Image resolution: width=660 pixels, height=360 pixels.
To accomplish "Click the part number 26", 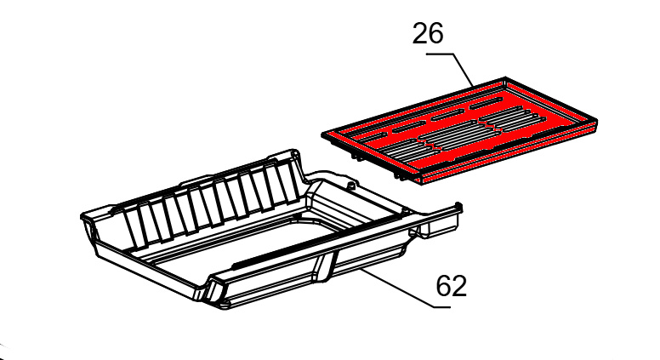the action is [x=428, y=34].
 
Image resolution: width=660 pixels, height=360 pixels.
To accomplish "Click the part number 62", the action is [x=452, y=286].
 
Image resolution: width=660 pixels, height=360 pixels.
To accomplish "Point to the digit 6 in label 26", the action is [x=436, y=34].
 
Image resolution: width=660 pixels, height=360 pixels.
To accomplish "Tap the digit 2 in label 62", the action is [x=459, y=286].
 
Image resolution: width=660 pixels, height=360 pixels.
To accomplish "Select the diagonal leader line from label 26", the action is [x=464, y=69].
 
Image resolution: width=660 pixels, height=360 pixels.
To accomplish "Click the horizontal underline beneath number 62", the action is [x=442, y=307].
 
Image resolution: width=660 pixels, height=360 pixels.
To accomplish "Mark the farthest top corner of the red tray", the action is [x=505, y=78].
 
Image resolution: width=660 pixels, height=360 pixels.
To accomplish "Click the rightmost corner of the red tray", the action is [x=597, y=122].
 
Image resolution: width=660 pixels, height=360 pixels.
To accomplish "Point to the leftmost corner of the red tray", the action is [x=323, y=134].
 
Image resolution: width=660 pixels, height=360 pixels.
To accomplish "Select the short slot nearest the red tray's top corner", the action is [x=486, y=102].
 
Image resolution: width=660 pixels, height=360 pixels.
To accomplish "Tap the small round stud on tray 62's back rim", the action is [x=350, y=185].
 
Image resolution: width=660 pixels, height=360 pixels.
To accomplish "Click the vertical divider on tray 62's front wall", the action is [x=326, y=266].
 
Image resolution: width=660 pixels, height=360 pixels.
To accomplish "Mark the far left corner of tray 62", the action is [x=82, y=216].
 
